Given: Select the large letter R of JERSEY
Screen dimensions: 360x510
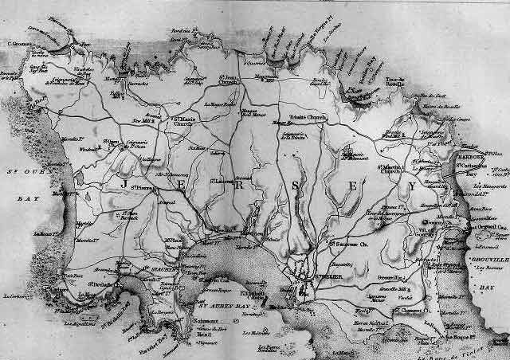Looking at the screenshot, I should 237,183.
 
